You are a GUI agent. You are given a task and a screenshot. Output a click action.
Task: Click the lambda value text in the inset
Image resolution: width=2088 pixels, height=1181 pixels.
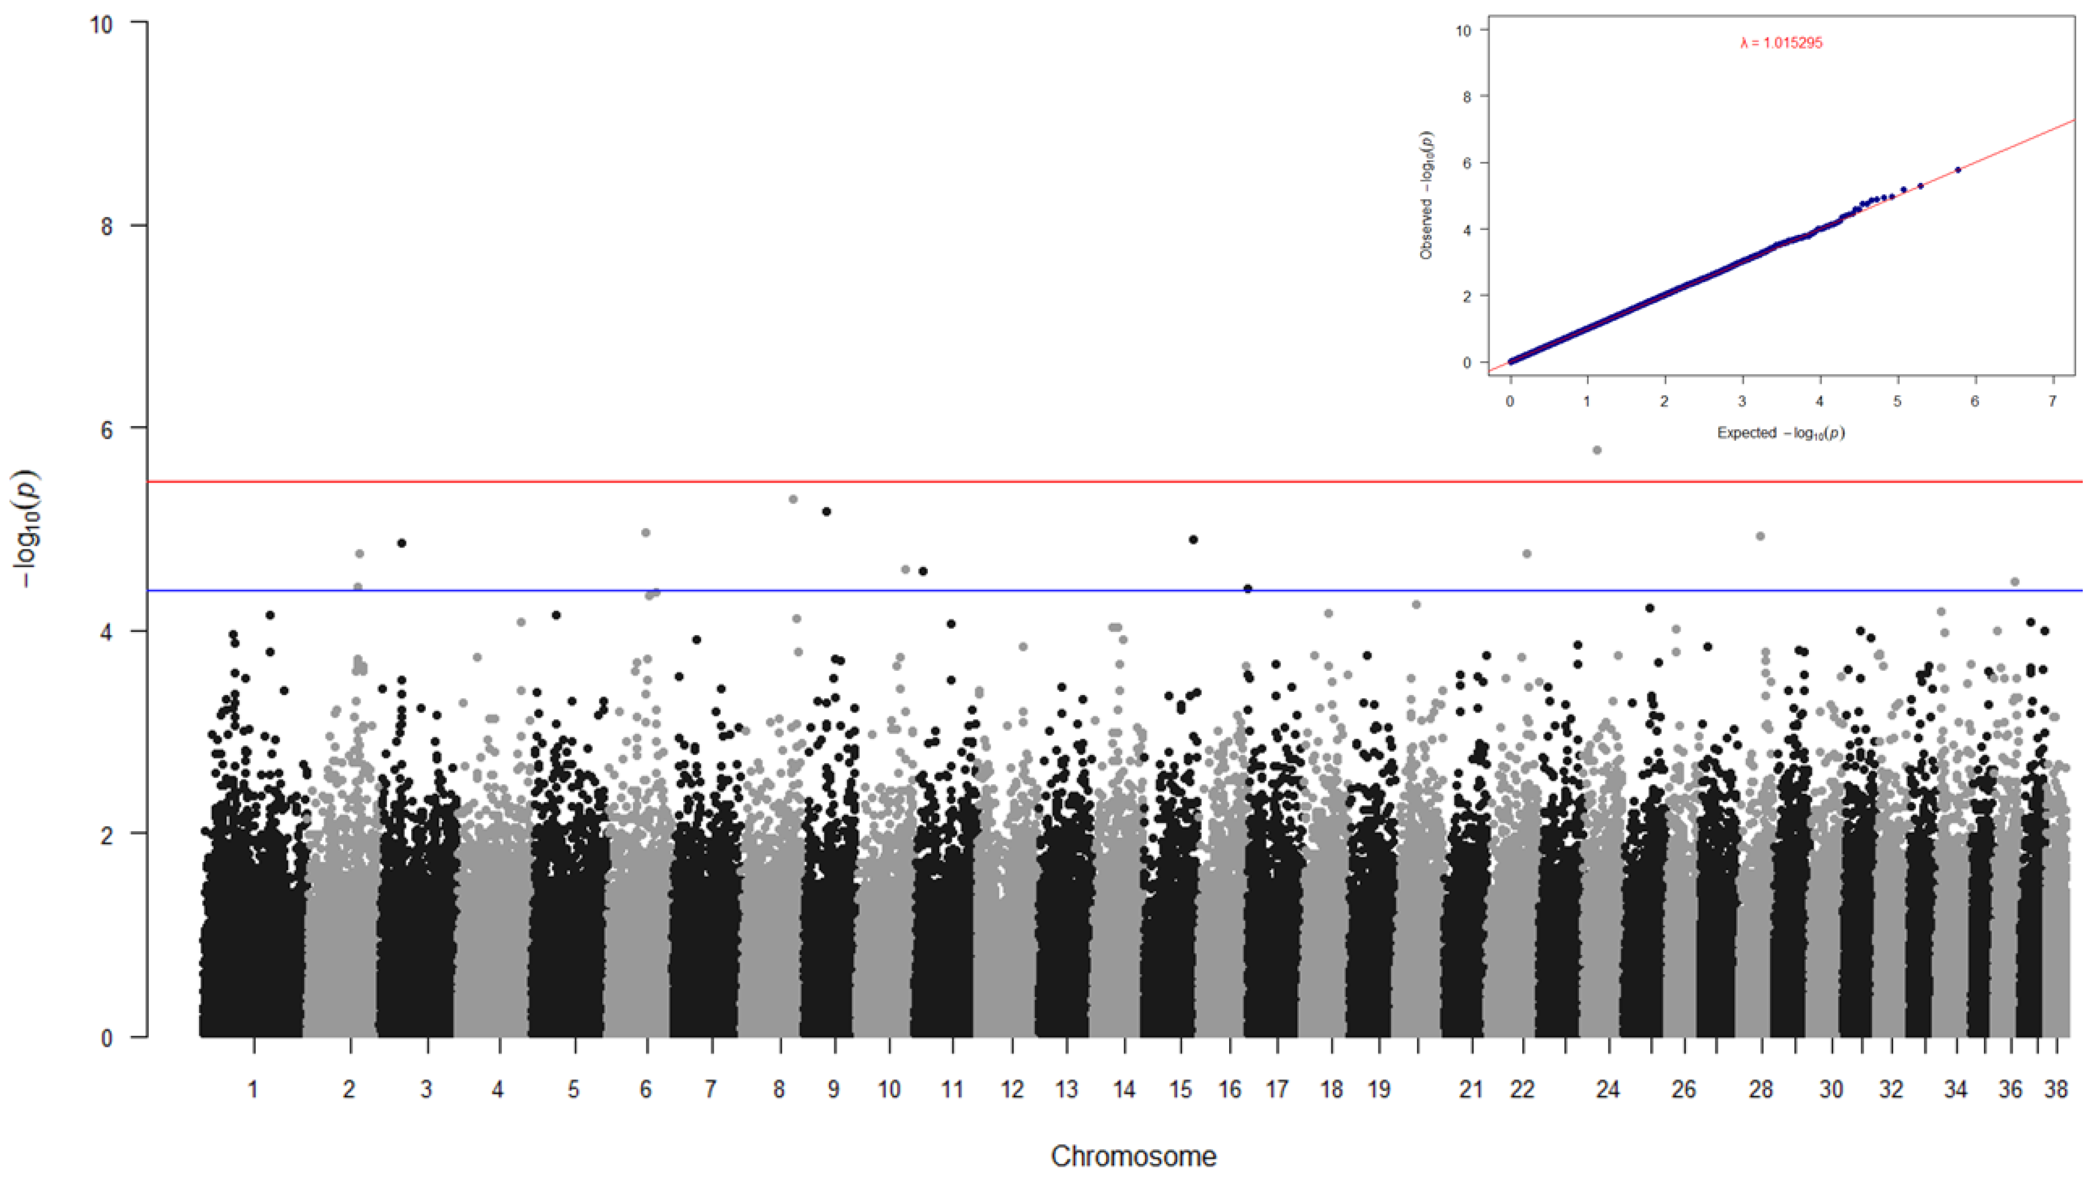coord(1780,43)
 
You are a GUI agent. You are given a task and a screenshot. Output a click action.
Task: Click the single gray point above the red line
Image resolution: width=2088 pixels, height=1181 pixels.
coord(1597,450)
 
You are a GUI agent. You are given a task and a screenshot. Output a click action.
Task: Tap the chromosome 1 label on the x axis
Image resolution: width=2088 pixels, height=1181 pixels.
coord(253,1089)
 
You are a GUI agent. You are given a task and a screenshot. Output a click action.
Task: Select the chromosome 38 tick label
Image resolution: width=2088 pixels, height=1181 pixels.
coord(2056,1089)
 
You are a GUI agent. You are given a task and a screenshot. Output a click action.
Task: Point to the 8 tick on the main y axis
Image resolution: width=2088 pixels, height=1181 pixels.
coord(106,226)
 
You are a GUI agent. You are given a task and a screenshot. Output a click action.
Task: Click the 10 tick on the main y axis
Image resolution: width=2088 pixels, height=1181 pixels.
coord(101,24)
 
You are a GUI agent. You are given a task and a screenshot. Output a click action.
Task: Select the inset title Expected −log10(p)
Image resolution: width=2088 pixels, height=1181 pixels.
coord(1780,433)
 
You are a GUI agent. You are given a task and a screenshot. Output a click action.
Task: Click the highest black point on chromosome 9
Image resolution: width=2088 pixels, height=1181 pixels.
coord(826,512)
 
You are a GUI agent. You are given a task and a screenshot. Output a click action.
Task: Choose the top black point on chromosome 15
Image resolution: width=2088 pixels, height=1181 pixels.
coord(1193,540)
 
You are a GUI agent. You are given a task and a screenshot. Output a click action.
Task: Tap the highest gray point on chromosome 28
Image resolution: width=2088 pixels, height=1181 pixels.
coord(1760,536)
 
